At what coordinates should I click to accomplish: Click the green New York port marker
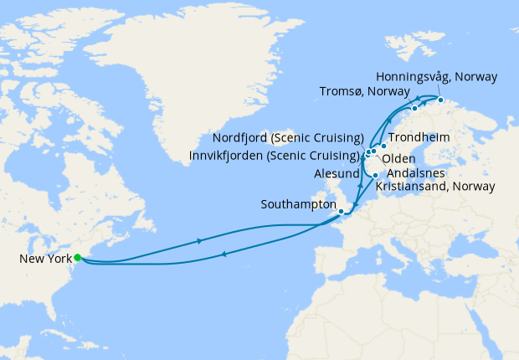click(77, 258)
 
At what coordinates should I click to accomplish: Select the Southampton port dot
click(341, 211)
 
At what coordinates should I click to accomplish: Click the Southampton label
click(298, 204)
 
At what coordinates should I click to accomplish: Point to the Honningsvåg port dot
click(440, 100)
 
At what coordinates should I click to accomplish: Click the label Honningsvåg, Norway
click(436, 77)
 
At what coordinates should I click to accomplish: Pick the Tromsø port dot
click(414, 109)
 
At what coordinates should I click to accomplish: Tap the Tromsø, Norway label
click(364, 91)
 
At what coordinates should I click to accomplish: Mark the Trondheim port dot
click(383, 147)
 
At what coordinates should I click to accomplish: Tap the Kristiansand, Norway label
click(435, 185)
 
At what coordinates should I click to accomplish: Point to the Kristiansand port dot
click(375, 175)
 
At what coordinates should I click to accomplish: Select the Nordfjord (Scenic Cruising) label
click(288, 138)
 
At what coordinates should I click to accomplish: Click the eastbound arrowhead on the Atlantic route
click(199, 240)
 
